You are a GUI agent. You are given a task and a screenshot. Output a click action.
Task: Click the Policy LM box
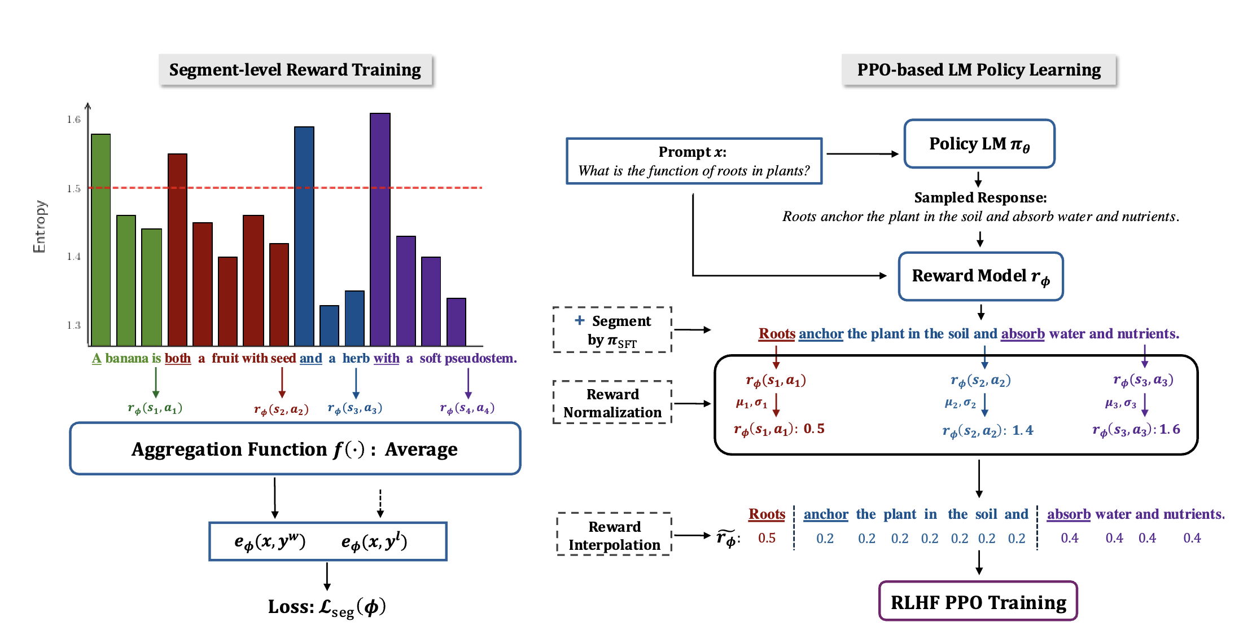(x=979, y=144)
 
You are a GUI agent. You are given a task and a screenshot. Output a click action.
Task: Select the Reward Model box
(x=980, y=276)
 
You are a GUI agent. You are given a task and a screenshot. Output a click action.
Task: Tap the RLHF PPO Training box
(x=978, y=602)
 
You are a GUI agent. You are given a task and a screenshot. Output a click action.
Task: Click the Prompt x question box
(x=694, y=161)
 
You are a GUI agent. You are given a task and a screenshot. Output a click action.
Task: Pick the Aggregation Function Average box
(x=295, y=449)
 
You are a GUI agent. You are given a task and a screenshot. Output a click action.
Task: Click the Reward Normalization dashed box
(x=612, y=403)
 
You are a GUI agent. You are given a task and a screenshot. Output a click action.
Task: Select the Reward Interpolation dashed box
(x=614, y=535)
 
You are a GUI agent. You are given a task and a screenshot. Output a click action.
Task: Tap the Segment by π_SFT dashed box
(x=612, y=330)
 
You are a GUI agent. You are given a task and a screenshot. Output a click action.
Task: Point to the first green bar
(x=101, y=240)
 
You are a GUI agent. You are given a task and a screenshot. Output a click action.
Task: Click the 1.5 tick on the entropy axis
(x=74, y=188)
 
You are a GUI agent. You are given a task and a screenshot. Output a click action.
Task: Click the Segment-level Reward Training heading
(x=295, y=70)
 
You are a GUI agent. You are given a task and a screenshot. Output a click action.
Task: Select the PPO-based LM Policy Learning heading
(x=979, y=70)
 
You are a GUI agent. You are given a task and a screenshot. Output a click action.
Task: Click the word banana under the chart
(x=126, y=359)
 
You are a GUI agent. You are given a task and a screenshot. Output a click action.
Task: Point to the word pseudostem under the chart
(x=480, y=359)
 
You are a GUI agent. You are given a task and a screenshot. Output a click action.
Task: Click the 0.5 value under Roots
(x=767, y=538)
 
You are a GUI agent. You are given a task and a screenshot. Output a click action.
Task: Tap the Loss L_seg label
(x=327, y=607)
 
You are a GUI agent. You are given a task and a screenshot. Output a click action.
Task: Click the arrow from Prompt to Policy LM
(x=862, y=153)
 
